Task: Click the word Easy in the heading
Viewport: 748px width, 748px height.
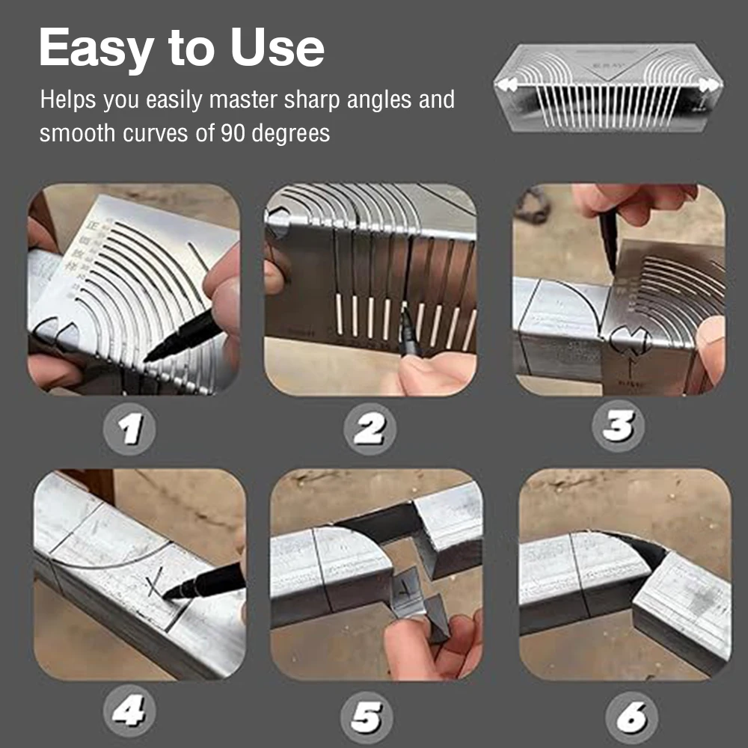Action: click(96, 49)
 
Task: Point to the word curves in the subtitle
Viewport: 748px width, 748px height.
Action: click(164, 133)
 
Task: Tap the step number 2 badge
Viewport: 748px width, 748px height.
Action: click(370, 429)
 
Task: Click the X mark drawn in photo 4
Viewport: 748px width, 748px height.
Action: click(155, 583)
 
